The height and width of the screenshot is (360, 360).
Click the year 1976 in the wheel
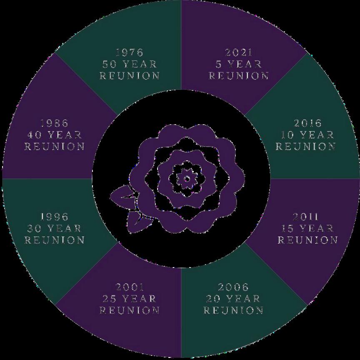[129, 52]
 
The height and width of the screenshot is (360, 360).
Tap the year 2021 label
[238, 52]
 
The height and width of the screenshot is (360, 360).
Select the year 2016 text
[307, 123]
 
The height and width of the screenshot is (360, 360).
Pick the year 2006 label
[233, 287]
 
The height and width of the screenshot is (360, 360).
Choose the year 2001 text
[130, 287]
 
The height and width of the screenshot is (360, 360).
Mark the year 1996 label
[54, 217]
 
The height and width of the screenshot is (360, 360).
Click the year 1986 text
[54, 123]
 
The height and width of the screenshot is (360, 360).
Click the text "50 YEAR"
[129, 64]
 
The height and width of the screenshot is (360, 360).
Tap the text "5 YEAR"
[238, 64]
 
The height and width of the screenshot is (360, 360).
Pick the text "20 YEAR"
[233, 299]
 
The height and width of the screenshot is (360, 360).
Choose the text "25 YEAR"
[130, 299]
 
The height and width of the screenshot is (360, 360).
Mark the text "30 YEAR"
[54, 228]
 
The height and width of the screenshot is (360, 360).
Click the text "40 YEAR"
[54, 135]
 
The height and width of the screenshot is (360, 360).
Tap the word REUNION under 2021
[238, 76]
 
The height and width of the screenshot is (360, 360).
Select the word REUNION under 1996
[54, 240]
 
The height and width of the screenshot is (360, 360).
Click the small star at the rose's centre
[187, 179]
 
